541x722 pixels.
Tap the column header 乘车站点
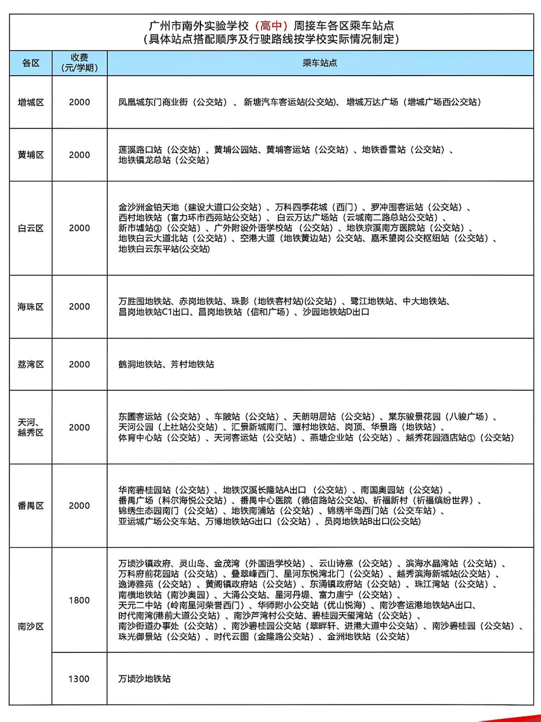[320, 63]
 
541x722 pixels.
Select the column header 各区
[31, 63]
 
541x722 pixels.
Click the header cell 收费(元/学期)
[79, 63]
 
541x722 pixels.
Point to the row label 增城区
[31, 102]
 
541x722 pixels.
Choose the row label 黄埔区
[31, 155]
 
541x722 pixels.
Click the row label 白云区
[31, 228]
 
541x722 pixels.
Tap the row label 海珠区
[31, 307]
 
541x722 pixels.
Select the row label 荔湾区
[31, 364]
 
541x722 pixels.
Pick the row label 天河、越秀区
[31, 427]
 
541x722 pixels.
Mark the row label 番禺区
[31, 506]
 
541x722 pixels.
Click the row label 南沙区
[31, 626]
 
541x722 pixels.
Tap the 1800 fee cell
[79, 600]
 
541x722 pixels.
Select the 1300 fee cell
[79, 679]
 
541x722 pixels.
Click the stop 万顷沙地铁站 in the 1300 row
[145, 679]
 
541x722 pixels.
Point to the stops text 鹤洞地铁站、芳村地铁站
[166, 364]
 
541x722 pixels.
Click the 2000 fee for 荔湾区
[79, 364]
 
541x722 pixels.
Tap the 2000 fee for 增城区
[79, 102]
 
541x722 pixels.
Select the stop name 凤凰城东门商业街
[153, 102]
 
